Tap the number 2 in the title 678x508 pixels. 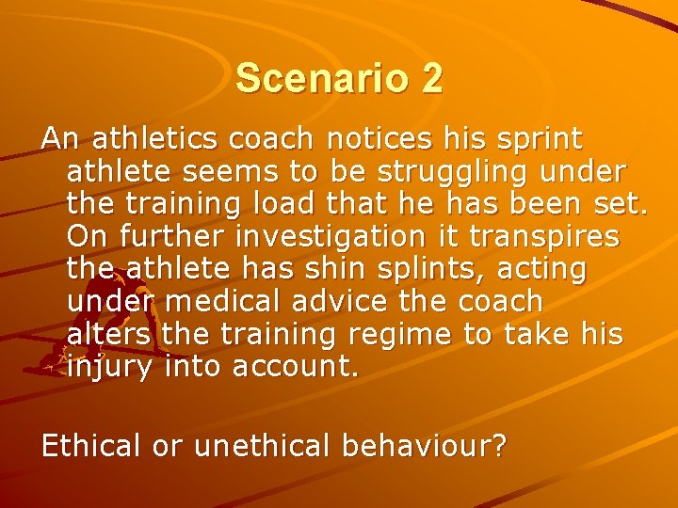(431, 78)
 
